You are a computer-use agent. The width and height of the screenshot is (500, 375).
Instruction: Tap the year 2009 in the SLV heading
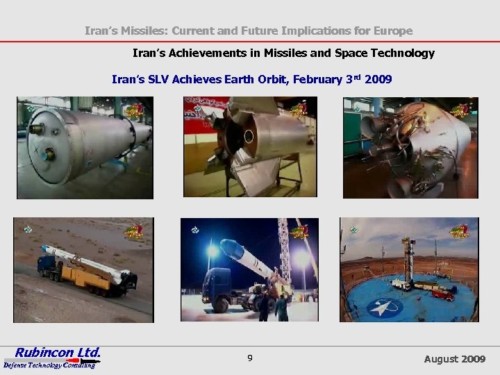click(x=378, y=80)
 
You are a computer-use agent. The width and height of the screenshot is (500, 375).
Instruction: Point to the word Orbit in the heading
click(x=269, y=80)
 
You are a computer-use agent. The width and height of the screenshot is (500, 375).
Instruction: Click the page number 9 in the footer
click(x=249, y=358)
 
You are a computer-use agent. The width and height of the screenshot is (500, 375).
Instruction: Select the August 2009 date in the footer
click(x=455, y=359)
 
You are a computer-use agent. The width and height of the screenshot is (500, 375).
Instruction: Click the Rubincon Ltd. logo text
click(x=58, y=351)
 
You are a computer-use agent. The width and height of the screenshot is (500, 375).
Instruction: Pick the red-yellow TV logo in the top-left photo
click(x=134, y=110)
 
